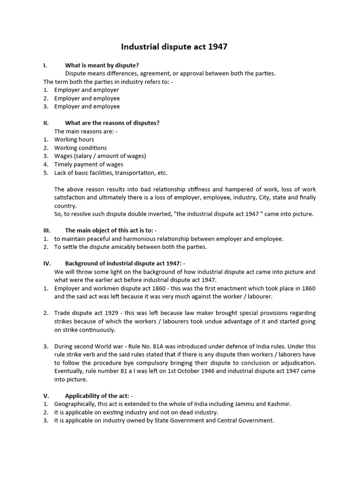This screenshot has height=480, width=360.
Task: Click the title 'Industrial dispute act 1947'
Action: coord(174,47)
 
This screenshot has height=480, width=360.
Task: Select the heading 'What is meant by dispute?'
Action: coord(102,65)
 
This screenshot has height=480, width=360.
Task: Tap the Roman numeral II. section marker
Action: coord(46,123)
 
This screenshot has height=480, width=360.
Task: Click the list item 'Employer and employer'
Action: coord(86,90)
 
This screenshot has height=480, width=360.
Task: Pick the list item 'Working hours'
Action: coord(74,139)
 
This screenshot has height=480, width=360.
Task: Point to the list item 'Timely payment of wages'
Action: coord(89,165)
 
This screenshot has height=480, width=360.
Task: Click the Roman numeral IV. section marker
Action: coord(47,263)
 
